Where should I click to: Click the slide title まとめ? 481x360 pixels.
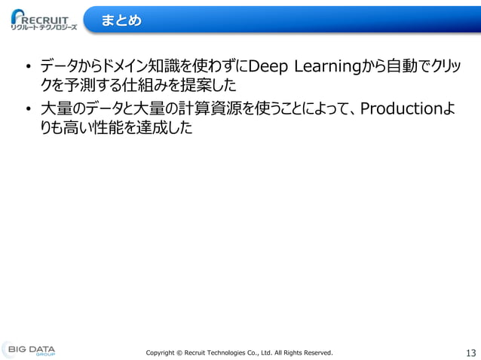click(121, 20)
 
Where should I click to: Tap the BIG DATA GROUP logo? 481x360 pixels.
click(29, 350)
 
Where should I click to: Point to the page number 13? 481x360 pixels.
click(471, 352)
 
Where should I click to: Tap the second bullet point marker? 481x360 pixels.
click(27, 111)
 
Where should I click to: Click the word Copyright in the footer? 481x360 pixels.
click(162, 352)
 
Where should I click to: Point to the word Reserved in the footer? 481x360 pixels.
click(317, 352)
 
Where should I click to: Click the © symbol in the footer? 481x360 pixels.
click(185, 352)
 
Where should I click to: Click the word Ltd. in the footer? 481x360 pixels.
click(280, 352)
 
